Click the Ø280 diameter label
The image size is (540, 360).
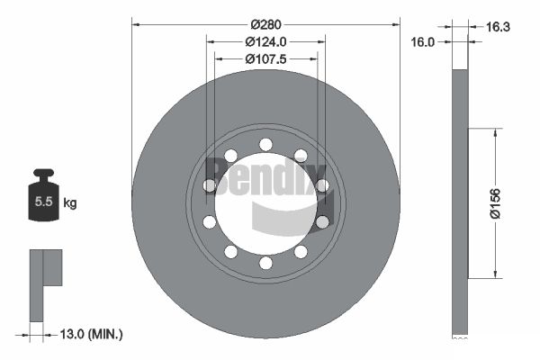(265, 25)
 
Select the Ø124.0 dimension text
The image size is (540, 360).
(265, 42)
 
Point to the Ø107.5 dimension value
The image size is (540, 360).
(265, 59)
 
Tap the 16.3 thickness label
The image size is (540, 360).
(498, 26)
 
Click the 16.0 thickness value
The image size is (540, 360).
(423, 42)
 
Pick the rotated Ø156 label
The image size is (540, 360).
(495, 203)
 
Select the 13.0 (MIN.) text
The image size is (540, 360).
(91, 334)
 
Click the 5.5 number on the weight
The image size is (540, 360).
(43, 202)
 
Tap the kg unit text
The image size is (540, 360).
(70, 202)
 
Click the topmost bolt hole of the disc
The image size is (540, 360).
(265, 144)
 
